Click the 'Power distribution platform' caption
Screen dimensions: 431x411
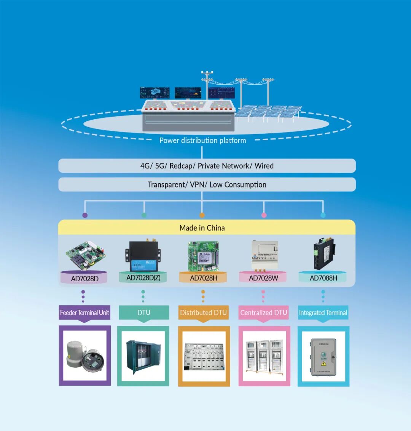pos(202,141)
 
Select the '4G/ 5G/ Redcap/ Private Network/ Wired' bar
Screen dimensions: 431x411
pos(207,166)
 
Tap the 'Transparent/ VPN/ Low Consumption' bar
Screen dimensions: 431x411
pos(207,185)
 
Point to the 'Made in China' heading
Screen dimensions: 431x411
pos(202,228)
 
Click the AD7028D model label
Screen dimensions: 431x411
pos(84,279)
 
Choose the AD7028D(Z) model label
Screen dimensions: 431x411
pos(143,278)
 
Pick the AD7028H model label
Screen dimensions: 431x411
pos(204,278)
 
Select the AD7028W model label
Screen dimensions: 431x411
pos(263,278)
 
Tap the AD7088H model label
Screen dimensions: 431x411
pos(323,278)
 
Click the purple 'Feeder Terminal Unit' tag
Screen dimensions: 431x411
pos(84,313)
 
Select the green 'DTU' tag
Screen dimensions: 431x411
pos(144,313)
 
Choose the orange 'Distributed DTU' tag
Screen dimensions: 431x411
pos(203,313)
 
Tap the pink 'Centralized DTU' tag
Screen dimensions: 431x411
pos(263,313)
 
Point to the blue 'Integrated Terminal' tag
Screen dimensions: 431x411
pos(323,313)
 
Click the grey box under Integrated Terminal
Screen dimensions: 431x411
pos(323,357)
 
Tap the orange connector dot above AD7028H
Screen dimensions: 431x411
pos(202,215)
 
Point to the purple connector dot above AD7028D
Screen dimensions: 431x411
pos(85,215)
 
